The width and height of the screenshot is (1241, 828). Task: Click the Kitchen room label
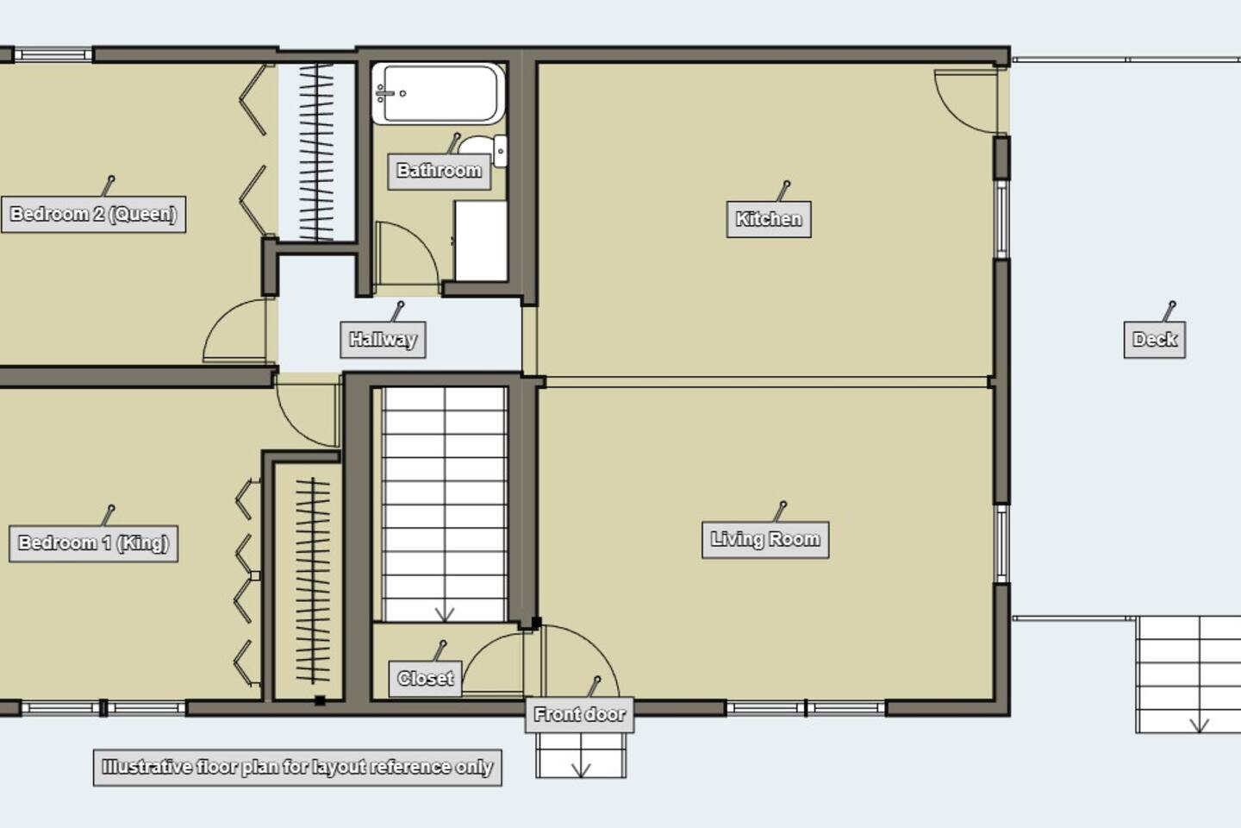(x=769, y=219)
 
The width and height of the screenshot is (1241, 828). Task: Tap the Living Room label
(x=765, y=539)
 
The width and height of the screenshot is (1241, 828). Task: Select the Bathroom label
(x=439, y=171)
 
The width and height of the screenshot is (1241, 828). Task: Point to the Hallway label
(x=383, y=340)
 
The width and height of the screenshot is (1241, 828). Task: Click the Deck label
(x=1155, y=340)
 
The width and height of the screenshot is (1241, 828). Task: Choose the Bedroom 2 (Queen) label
(x=93, y=214)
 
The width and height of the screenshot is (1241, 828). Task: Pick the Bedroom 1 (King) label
(x=93, y=543)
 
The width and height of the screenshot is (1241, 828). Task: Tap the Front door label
(x=579, y=714)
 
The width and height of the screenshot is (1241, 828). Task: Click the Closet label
(x=425, y=678)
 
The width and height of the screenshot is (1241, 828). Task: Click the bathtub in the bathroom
(x=438, y=93)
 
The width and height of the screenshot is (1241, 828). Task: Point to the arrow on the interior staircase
(x=445, y=614)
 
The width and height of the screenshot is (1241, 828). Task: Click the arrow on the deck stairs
(x=1200, y=724)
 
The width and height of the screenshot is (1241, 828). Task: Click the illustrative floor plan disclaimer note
(x=297, y=768)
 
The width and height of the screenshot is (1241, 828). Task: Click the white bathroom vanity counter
(x=481, y=241)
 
